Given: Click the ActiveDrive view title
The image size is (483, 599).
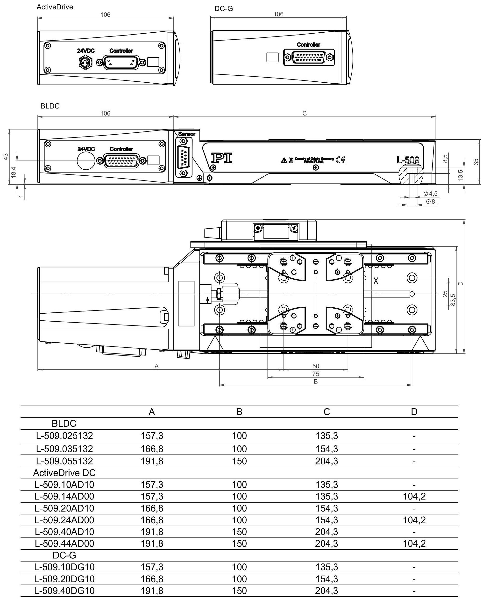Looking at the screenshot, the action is tap(55, 7).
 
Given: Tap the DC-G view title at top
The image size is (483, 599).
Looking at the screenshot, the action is tap(224, 9).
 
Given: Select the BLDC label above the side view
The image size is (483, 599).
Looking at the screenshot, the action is tap(50, 106).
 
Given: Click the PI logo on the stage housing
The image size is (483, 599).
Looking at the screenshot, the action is tap(222, 158).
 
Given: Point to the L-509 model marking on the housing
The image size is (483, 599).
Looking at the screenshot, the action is tap(408, 160).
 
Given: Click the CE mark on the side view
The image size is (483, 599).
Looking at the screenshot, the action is tap(341, 160).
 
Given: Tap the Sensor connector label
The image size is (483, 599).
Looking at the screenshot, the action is tap(187, 134).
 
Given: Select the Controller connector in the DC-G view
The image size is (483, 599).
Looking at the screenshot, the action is tap(309, 58).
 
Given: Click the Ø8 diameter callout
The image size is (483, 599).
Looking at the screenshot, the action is tap(430, 201).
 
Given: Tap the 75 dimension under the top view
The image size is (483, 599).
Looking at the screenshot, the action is tap(315, 374).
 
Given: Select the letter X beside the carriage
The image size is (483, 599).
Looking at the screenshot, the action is tap(376, 281).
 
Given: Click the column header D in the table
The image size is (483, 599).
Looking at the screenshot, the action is tap(414, 412).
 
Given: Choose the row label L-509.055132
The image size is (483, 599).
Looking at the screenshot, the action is tap(64, 461).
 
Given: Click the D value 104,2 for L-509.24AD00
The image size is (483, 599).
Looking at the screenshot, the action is tap(414, 520).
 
